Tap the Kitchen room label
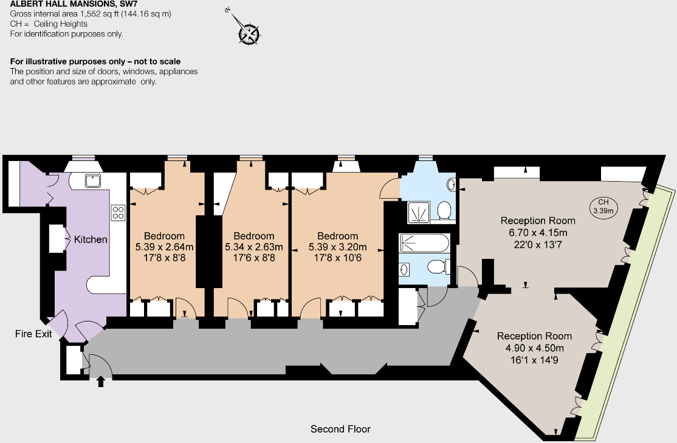(x=91, y=239)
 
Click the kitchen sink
(x=93, y=179)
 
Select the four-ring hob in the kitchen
(x=118, y=212)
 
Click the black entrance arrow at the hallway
(x=101, y=381)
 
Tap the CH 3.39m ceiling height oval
(x=603, y=207)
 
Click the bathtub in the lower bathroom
(x=424, y=244)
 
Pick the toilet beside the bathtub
(x=438, y=266)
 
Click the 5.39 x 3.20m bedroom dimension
(x=338, y=247)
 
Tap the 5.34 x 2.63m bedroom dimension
(x=254, y=247)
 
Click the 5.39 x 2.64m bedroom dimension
(x=164, y=247)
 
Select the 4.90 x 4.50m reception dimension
(x=534, y=348)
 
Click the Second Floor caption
(x=340, y=429)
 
